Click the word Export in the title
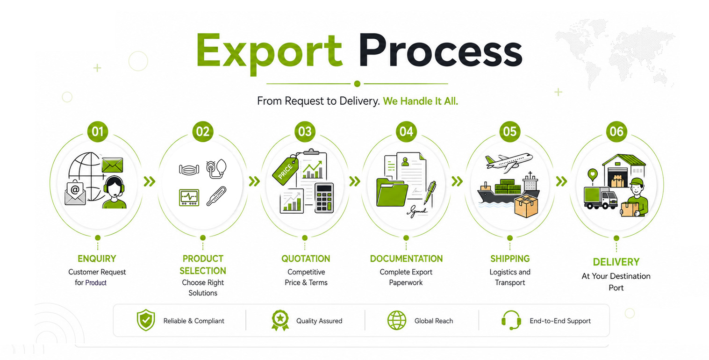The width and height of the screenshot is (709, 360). click(x=269, y=53)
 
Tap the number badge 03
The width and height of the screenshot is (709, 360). click(x=305, y=131)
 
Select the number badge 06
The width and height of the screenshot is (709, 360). click(x=616, y=131)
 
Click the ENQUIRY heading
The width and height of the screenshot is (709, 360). click(x=97, y=259)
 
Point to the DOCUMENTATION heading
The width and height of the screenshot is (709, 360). click(x=406, y=259)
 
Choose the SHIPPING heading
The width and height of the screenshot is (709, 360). click(x=510, y=259)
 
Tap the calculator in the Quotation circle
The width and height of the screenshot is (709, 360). click(x=324, y=198)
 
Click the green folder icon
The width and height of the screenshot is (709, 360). click(x=392, y=193)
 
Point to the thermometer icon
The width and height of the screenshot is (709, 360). click(x=216, y=196)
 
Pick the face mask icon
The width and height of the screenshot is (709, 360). click(x=189, y=170)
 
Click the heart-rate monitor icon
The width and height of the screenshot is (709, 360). click(x=189, y=198)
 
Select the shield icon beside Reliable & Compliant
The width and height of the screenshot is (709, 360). click(x=146, y=320)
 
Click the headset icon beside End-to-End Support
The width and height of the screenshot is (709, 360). click(x=511, y=320)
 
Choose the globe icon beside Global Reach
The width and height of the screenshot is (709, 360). click(x=397, y=320)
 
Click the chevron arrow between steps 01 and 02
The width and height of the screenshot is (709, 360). click(x=150, y=181)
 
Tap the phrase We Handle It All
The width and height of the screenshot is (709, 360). click(x=420, y=101)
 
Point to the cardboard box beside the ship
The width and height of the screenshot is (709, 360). click(x=526, y=206)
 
